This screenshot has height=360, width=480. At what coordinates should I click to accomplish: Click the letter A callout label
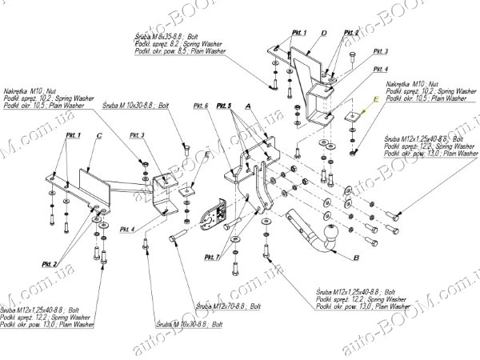tap(248, 105)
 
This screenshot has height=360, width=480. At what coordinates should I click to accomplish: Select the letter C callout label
tap(98, 136)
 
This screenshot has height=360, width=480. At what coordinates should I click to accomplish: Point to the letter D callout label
tap(324, 33)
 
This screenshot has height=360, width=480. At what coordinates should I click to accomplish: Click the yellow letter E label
tap(372, 99)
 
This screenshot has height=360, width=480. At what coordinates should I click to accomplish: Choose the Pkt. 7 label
tap(211, 256)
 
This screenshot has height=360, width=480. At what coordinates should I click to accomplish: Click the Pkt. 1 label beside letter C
tap(73, 136)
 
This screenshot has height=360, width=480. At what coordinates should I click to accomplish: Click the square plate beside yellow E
tap(352, 119)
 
